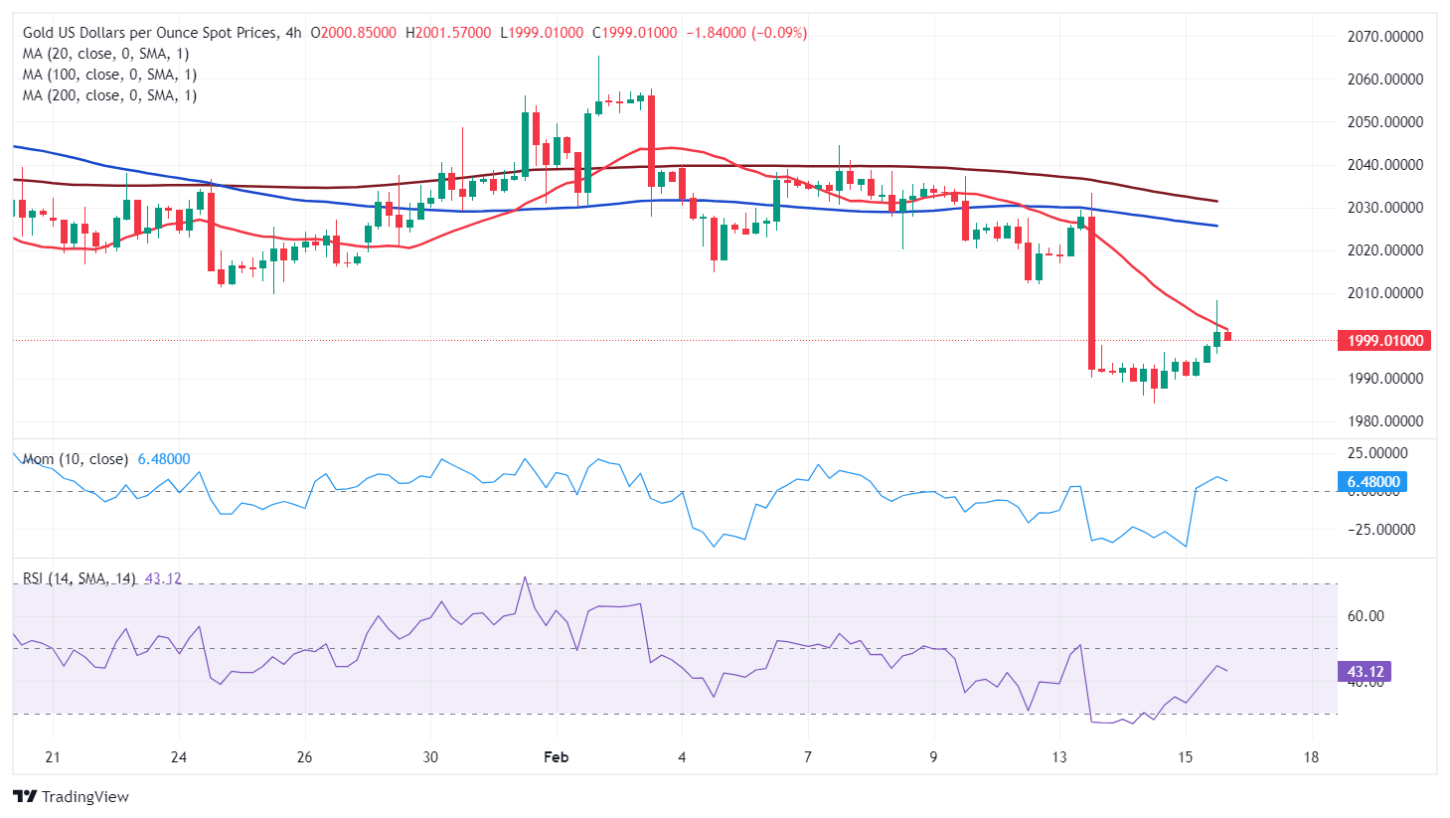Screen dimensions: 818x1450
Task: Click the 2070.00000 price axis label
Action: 1384,37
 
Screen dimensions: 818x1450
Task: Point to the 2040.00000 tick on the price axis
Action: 1384,165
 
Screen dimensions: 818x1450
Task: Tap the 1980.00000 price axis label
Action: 1384,421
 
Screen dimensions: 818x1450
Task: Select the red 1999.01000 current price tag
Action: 1384,341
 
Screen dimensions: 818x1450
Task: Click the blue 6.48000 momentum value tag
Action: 1372,482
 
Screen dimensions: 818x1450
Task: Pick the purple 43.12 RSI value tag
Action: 1364,672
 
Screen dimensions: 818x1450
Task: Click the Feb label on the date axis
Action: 557,757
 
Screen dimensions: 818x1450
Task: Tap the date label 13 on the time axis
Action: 1059,757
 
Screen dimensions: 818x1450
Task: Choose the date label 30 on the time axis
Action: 430,757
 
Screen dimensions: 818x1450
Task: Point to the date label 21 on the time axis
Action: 53,757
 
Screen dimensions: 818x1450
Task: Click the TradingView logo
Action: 72,797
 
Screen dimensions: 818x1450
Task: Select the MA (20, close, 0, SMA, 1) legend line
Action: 105,54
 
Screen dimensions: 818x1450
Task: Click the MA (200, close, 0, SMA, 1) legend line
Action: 109,95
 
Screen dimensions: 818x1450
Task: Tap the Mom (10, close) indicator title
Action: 76,459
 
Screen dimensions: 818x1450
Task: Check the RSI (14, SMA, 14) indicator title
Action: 80,578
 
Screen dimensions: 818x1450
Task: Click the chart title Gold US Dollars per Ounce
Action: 150,33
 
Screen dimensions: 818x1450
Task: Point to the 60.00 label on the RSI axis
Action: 1365,616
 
